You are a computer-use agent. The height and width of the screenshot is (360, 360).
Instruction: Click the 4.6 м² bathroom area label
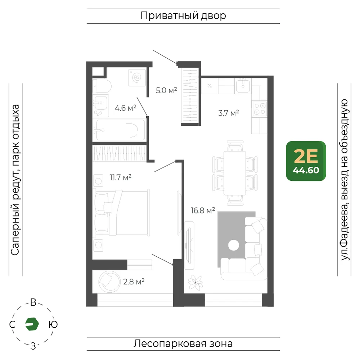click(x=125, y=108)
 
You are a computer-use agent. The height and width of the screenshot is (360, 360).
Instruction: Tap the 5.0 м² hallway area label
click(x=166, y=90)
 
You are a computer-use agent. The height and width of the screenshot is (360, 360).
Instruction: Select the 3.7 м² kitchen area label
click(x=229, y=113)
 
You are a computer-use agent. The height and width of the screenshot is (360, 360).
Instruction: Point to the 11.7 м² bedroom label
click(x=121, y=177)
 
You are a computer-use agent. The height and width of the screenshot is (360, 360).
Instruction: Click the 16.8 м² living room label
click(x=203, y=211)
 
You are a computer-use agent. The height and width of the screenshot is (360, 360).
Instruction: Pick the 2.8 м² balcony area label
click(x=134, y=282)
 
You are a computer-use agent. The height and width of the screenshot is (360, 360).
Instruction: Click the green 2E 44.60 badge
click(x=306, y=161)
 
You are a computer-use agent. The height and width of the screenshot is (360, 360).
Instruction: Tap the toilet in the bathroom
click(x=102, y=86)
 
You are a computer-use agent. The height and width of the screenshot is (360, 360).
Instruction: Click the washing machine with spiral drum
click(x=137, y=78)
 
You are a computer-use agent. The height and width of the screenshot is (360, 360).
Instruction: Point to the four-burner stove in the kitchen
click(x=260, y=109)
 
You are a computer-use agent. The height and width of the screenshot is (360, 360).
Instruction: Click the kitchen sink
click(x=243, y=85)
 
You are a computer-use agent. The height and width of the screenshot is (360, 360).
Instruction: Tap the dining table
click(x=235, y=173)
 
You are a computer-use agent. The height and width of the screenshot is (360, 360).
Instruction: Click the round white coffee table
click(x=234, y=245)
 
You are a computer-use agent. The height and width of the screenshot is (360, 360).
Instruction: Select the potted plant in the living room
click(x=195, y=282)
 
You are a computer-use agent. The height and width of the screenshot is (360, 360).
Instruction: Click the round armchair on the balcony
click(x=109, y=282)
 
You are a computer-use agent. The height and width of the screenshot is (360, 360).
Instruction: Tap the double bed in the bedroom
click(x=121, y=213)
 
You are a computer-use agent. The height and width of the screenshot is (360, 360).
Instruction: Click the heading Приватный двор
click(x=183, y=16)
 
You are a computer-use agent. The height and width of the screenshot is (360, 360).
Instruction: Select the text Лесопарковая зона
click(x=183, y=344)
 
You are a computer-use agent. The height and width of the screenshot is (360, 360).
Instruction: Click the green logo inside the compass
click(x=32, y=324)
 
